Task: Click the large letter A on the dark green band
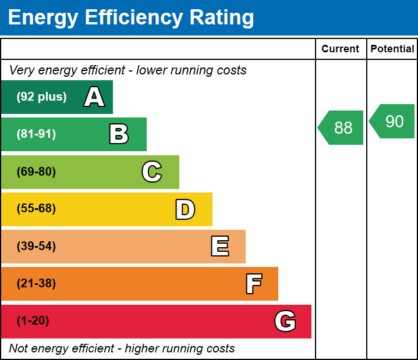94,97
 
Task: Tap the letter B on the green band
119,134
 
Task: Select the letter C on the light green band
151,172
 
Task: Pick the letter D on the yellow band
185,209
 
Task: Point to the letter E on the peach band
219,247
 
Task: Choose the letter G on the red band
285,321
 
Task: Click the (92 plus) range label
41,97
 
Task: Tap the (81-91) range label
36,134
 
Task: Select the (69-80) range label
36,172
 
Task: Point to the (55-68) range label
36,209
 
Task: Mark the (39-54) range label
36,247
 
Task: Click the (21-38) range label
36,284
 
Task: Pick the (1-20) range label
33,321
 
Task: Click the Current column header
341,49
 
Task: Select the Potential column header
392,49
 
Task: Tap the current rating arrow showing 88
342,127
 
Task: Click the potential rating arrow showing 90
393,122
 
